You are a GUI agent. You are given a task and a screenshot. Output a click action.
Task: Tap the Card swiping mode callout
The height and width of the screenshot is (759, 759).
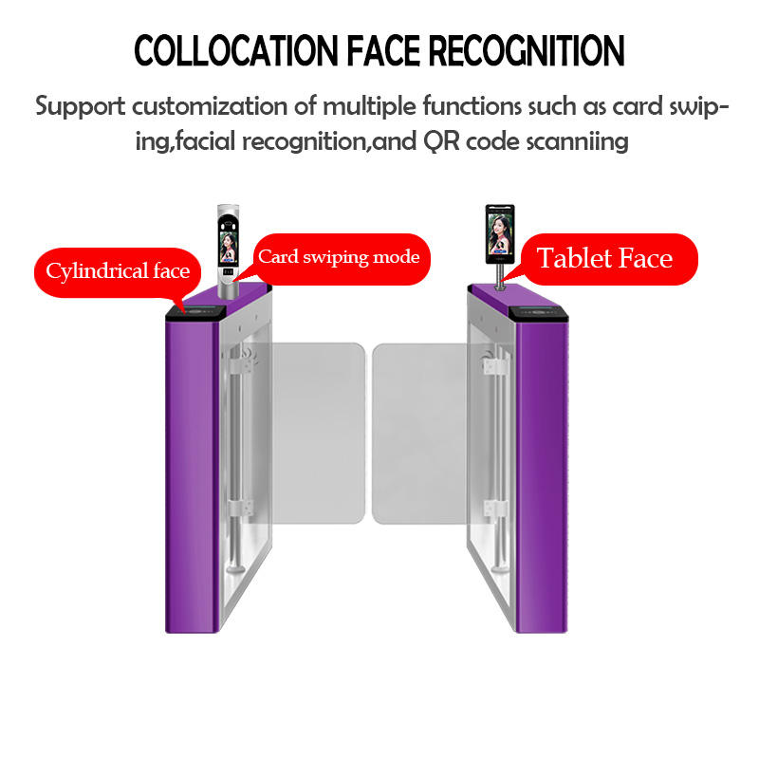pyautogui.click(x=339, y=257)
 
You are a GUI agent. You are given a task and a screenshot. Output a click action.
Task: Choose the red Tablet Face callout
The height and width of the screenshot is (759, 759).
pyautogui.click(x=605, y=258)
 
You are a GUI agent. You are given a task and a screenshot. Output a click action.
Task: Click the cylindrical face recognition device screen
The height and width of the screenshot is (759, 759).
pyautogui.click(x=228, y=250)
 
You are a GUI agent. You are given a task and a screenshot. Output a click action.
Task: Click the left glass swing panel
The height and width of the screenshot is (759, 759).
pyautogui.click(x=317, y=432)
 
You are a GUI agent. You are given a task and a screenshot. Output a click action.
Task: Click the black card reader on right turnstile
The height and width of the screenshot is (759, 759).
pyautogui.click(x=537, y=311)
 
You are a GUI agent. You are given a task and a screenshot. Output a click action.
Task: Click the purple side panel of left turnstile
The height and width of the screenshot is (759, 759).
pyautogui.click(x=190, y=474)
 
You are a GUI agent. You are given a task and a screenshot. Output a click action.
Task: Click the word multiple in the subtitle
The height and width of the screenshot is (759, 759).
pyautogui.click(x=351, y=106)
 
